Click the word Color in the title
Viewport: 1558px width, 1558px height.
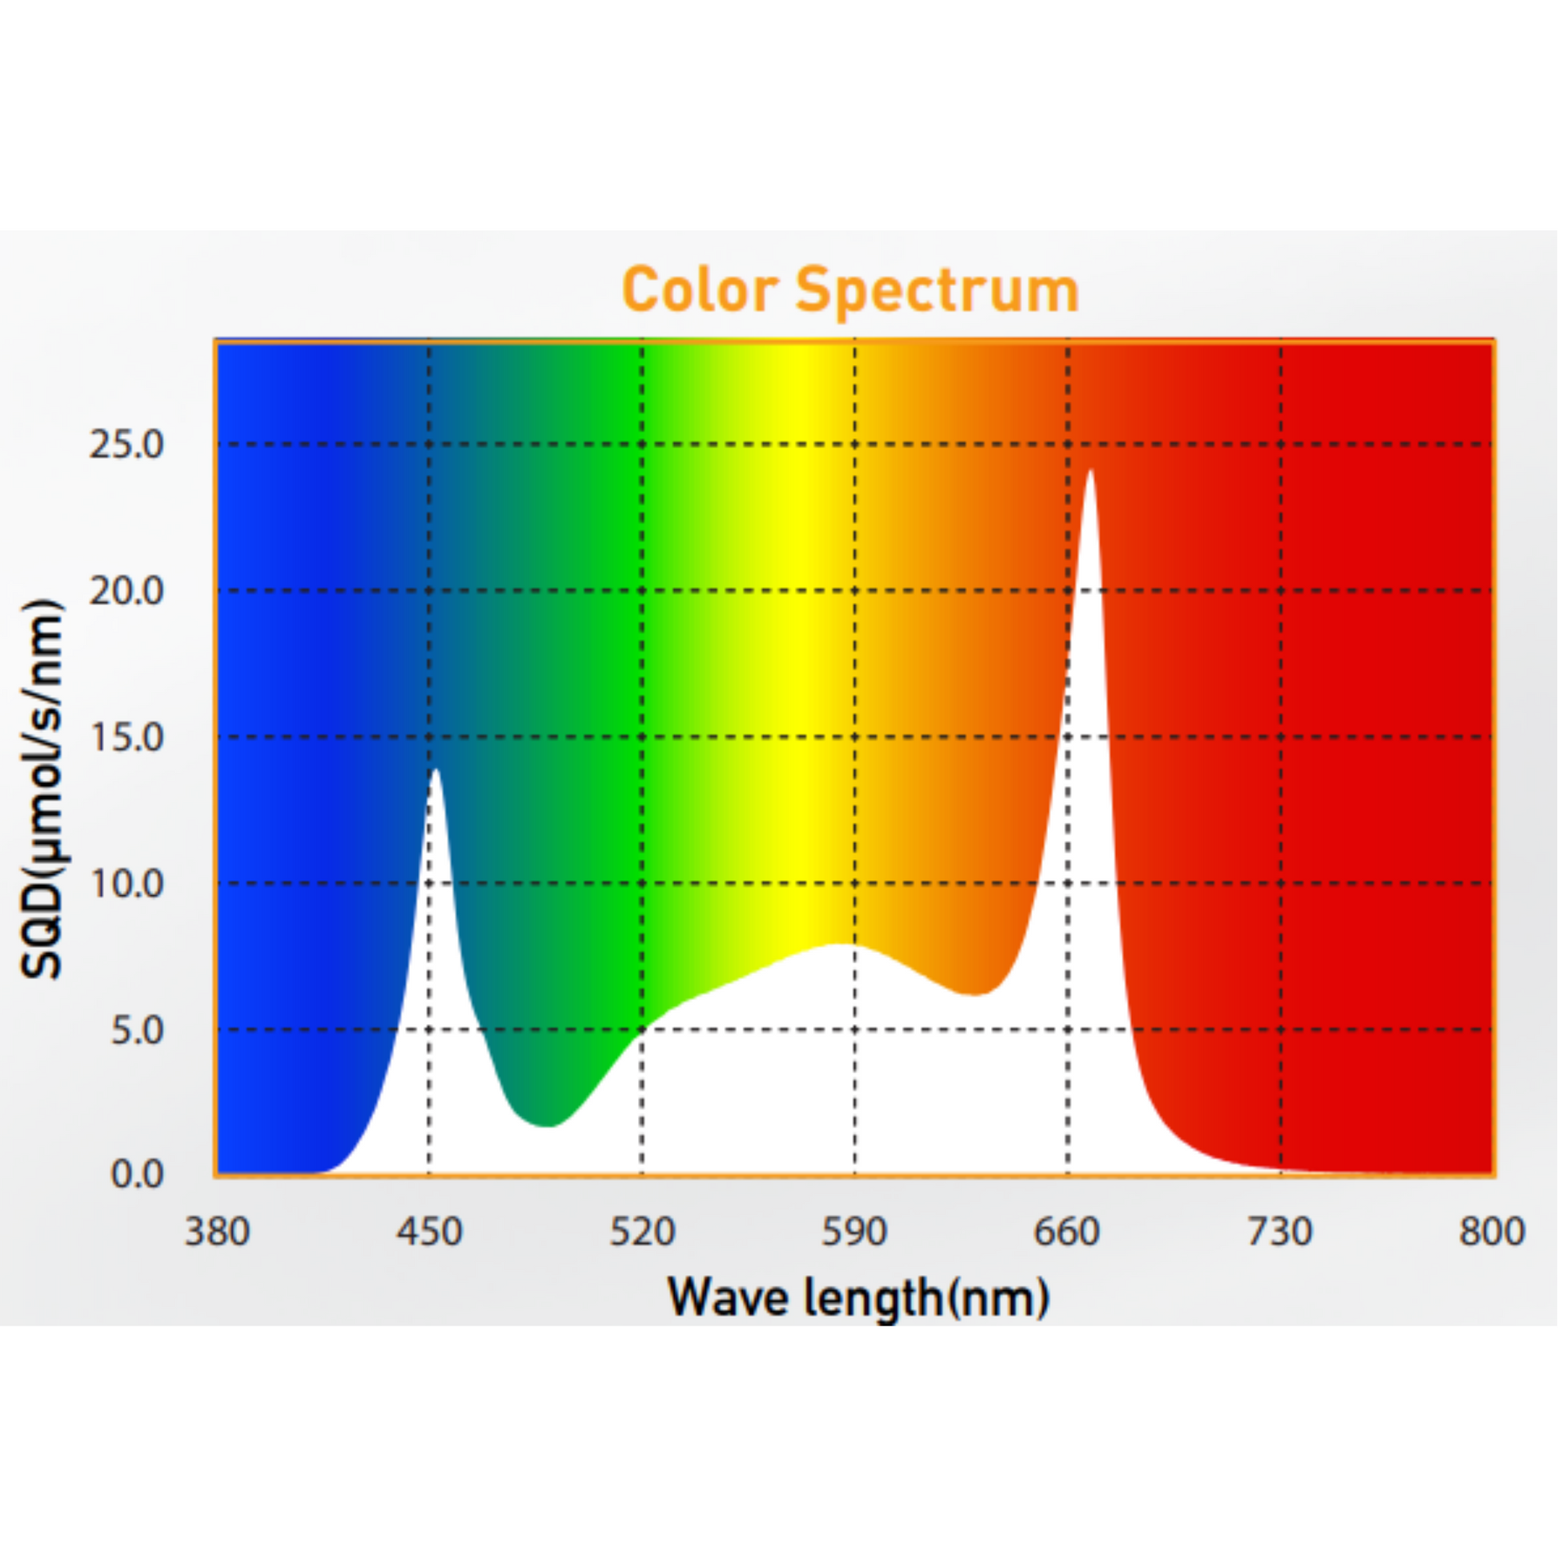700,291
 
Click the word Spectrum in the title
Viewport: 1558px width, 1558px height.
937,292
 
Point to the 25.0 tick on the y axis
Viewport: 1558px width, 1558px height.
126,444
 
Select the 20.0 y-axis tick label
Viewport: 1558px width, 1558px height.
126,591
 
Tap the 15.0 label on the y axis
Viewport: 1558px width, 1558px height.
126,737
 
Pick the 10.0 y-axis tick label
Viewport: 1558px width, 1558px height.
126,884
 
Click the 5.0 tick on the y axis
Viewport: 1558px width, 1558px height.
136,1030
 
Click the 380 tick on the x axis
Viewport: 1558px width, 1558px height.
217,1232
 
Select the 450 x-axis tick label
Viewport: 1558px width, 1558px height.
429,1232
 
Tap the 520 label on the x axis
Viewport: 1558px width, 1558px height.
642,1232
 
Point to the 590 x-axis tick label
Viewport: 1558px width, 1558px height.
855,1232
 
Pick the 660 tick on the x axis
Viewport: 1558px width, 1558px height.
1068,1232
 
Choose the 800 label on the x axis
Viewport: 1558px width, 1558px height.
1492,1232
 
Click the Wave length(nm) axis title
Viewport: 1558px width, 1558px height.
858,1298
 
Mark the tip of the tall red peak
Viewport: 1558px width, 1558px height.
1090,471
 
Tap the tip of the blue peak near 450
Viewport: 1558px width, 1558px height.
436,770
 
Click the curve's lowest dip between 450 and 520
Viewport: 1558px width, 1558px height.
548,1126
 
